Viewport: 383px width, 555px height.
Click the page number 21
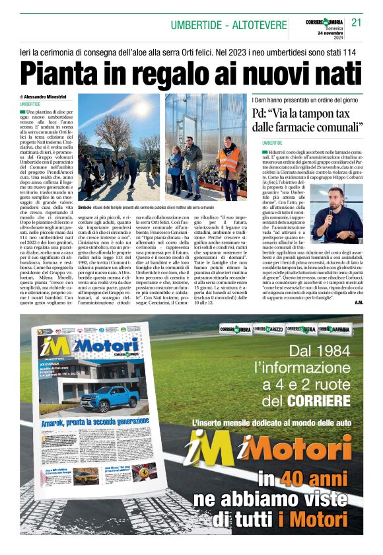coord(357,22)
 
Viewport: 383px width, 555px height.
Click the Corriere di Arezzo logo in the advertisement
coord(271,328)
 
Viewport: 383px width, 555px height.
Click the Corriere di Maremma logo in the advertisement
coord(335,328)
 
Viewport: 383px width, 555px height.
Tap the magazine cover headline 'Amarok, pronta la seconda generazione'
coord(96,421)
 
